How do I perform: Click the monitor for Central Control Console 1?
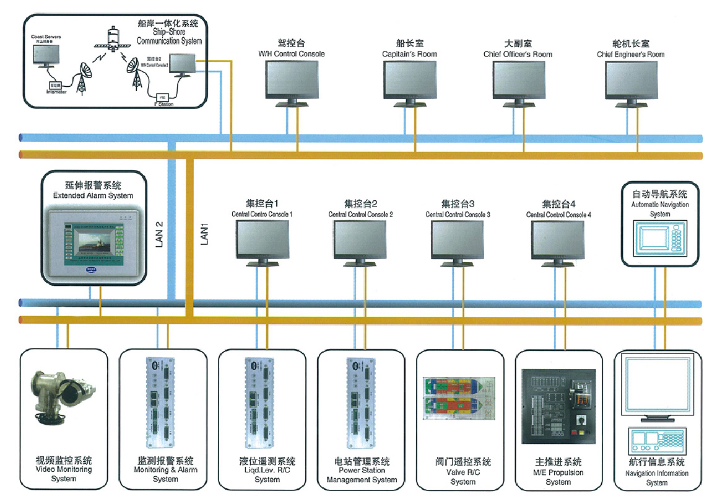(x=262, y=239)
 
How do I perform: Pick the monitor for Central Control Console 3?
(x=458, y=239)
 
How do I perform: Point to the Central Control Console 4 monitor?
(x=558, y=239)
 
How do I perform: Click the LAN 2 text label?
(x=159, y=236)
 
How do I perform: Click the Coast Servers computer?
(x=46, y=56)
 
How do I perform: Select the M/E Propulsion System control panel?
(x=558, y=406)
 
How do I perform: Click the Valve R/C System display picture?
(x=461, y=397)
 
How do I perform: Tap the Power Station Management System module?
(x=360, y=402)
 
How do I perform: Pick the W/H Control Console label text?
(x=291, y=54)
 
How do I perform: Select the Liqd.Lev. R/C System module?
(x=261, y=402)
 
